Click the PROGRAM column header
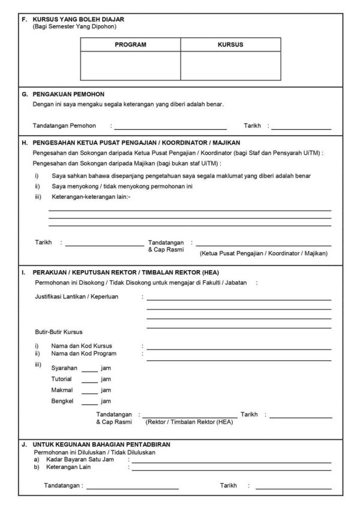130,44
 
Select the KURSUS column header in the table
230,44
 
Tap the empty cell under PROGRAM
130,65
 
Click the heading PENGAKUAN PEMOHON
69,94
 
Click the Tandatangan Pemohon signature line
170,128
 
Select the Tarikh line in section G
301,128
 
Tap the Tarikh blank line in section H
105,244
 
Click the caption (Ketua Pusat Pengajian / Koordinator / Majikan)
263,253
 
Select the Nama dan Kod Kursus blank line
239,348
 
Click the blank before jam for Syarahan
89,370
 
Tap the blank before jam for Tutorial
89,381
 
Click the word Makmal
62,390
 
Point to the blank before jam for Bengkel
89,403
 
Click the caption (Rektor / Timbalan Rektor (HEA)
190,422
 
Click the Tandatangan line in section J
132,489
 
